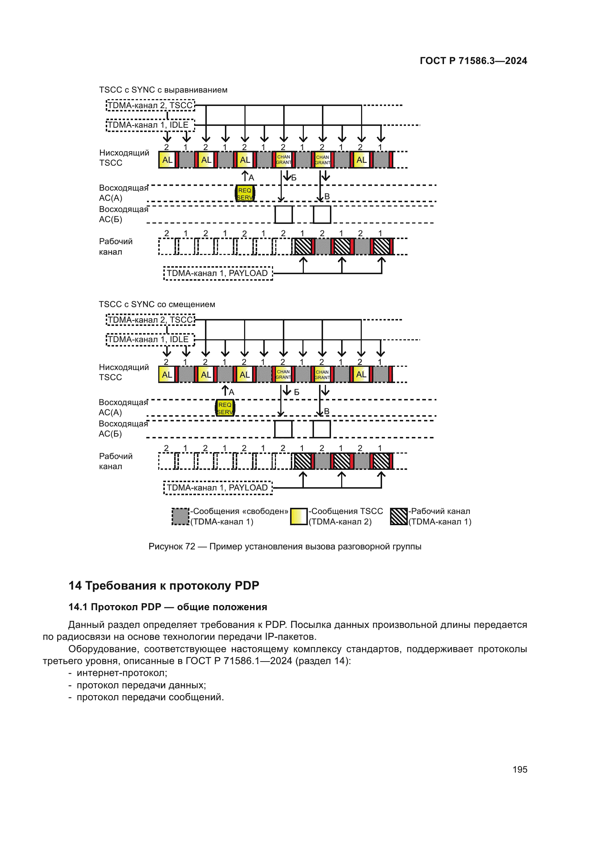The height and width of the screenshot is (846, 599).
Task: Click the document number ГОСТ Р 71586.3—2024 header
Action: tap(473, 61)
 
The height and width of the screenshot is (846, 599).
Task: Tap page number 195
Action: tap(520, 769)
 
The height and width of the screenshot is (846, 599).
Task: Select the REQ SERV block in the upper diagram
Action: tap(245, 194)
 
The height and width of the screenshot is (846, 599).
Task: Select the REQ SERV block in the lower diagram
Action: tap(225, 408)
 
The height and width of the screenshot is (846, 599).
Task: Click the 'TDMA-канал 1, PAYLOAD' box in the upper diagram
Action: tap(218, 273)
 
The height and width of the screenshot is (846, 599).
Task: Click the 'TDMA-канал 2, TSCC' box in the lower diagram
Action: tap(151, 320)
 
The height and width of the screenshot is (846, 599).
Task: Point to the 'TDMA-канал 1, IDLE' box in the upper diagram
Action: tap(150, 125)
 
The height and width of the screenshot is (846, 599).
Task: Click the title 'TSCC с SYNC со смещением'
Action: tap(157, 304)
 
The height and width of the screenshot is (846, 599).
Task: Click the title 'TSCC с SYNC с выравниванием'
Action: tap(163, 90)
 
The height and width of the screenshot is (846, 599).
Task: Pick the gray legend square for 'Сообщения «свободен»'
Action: tap(181, 516)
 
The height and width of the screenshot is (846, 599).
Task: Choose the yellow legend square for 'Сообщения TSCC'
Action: tap(299, 516)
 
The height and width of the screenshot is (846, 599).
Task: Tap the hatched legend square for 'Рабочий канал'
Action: tap(399, 516)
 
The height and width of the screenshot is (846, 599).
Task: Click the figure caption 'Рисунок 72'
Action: tap(285, 547)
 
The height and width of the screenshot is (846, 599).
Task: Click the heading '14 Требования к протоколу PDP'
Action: tap(164, 586)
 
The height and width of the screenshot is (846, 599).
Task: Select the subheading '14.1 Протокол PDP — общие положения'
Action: tap(168, 607)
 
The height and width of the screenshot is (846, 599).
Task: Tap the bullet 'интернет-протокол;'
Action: tap(122, 673)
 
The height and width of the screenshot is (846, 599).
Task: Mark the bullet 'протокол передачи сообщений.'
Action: tap(150, 697)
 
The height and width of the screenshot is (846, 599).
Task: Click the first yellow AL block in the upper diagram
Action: tap(167, 160)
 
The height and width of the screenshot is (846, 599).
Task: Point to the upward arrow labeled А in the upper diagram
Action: tap(244, 176)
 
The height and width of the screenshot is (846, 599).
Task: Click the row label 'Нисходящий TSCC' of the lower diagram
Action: tap(123, 372)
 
